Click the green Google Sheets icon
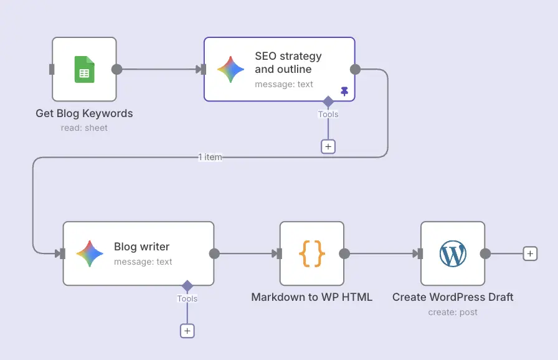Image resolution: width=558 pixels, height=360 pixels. point(84,69)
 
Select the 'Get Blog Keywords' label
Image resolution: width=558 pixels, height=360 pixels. point(84,113)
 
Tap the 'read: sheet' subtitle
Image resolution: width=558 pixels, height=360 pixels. point(84,128)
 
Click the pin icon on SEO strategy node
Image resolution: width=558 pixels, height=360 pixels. point(344,91)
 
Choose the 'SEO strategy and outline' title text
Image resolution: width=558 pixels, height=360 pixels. point(288,62)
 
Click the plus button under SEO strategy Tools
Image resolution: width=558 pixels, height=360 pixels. point(328,146)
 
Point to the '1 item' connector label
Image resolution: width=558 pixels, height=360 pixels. point(210,157)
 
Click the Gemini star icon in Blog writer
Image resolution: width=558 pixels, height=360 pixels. point(90,253)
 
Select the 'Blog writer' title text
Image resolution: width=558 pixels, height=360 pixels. point(141,247)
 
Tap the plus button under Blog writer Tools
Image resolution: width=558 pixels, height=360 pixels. point(187,331)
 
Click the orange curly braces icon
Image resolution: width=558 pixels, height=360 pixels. point(312,253)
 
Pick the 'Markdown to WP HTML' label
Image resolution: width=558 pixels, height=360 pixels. point(311,297)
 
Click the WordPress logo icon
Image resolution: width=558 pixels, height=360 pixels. point(453,253)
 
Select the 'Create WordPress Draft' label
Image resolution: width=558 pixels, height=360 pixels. point(453,297)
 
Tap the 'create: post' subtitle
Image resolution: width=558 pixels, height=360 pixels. point(453,312)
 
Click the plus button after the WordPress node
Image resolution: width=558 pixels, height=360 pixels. point(529,253)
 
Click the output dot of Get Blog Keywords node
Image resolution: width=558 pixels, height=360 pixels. point(116,69)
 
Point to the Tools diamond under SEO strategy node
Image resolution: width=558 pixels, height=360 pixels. point(328,102)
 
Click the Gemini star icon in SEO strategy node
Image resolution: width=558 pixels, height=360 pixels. point(230,69)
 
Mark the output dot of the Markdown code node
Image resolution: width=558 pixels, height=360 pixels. point(344,253)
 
